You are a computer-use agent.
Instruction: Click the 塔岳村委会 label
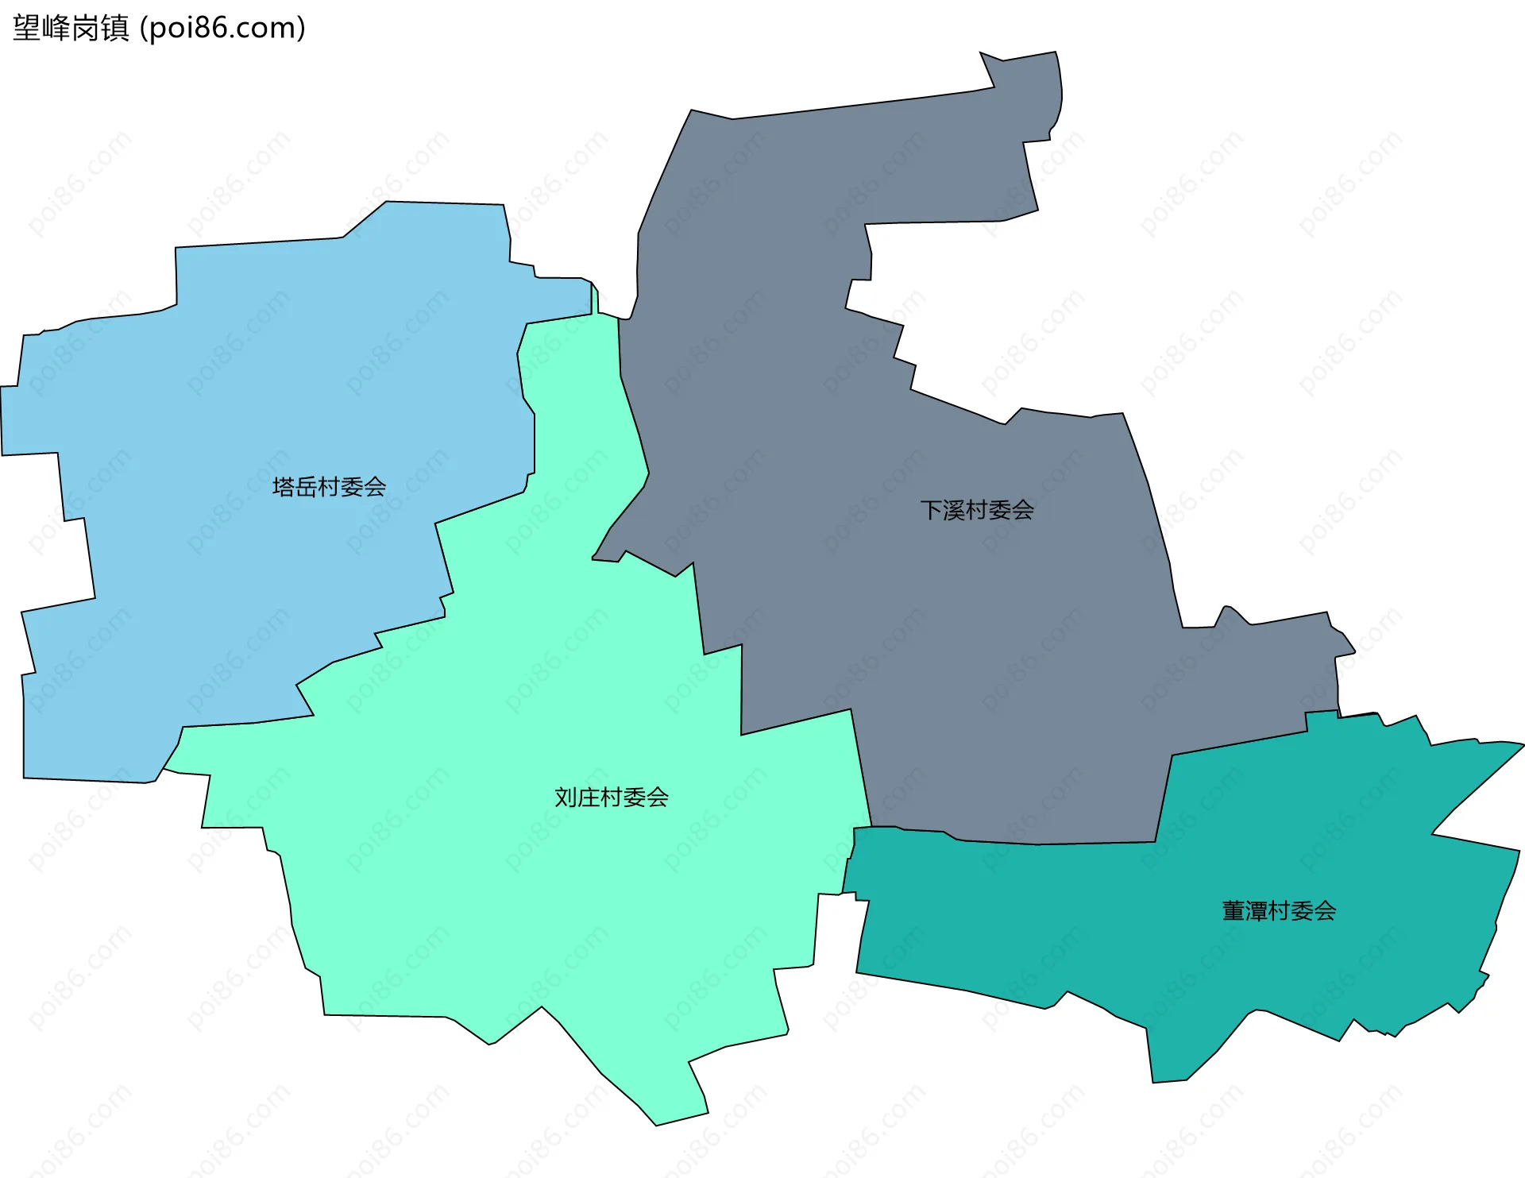coord(329,487)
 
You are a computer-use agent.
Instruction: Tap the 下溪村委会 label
coord(977,510)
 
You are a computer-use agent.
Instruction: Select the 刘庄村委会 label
coord(611,797)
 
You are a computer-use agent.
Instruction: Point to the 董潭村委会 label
coord(1279,910)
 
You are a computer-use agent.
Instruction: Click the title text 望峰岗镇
coord(71,29)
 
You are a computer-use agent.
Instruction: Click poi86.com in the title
coord(222,29)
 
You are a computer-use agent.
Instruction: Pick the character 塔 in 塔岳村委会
coord(284,487)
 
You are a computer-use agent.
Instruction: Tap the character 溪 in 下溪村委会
coord(954,510)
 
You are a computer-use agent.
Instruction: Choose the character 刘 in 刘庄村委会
coord(566,797)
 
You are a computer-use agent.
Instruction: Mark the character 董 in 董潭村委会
coord(1234,910)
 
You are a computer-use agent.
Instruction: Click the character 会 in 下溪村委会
coord(1023,510)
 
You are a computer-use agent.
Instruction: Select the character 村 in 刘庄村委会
coord(611,797)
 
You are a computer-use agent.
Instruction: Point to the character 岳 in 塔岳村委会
coord(307,487)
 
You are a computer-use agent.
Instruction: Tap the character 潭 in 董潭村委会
coord(1257,910)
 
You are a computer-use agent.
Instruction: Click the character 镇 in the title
coord(115,29)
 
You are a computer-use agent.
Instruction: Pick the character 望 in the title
coord(26,29)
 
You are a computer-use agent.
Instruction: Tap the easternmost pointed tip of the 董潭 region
coord(1521,745)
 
